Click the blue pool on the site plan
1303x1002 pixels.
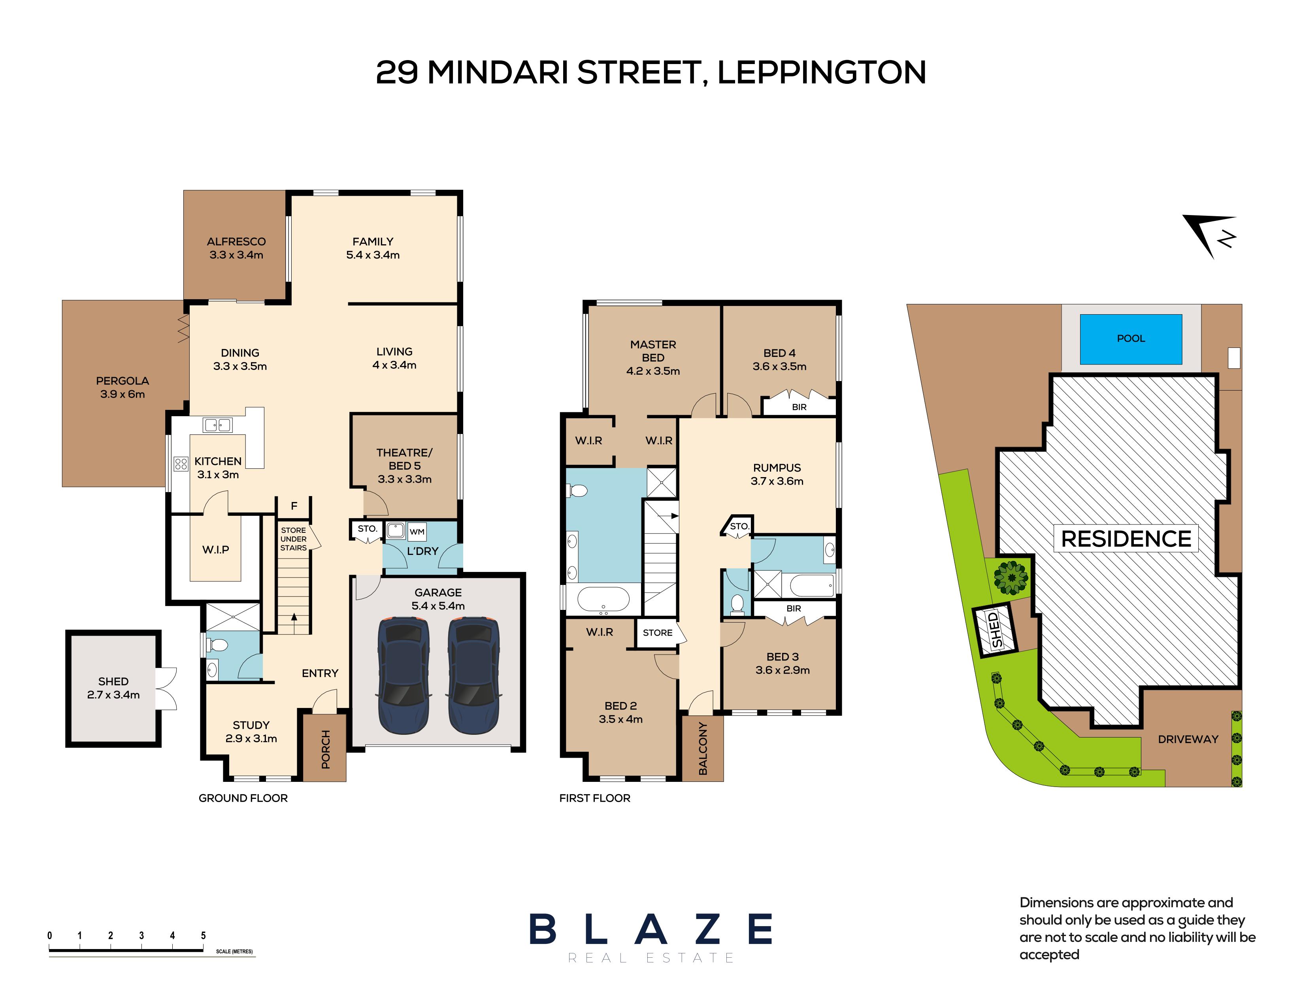tap(1131, 339)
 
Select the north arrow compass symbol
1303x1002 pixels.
tap(1211, 236)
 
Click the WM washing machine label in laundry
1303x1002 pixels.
tap(417, 531)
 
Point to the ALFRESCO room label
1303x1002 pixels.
tap(236, 242)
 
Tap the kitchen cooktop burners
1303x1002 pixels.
tap(181, 463)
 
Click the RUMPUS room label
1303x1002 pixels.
tap(777, 468)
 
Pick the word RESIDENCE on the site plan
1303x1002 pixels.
tap(1126, 539)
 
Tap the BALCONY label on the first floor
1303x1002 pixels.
tap(703, 749)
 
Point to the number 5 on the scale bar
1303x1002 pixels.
tap(204, 935)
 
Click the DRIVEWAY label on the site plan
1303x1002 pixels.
tap(1188, 740)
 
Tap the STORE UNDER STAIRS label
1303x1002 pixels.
tap(293, 539)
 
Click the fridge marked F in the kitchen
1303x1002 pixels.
tap(294, 506)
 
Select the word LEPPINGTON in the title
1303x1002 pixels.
tap(821, 72)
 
